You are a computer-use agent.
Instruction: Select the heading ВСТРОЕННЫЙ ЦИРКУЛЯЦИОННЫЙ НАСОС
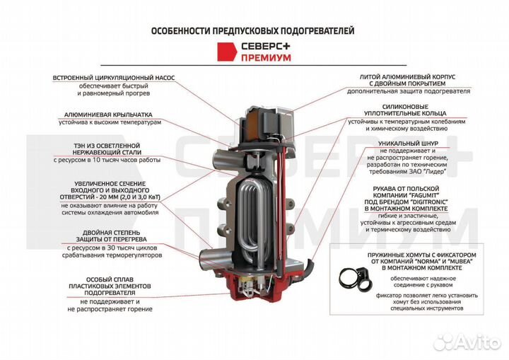(x=113, y=77)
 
